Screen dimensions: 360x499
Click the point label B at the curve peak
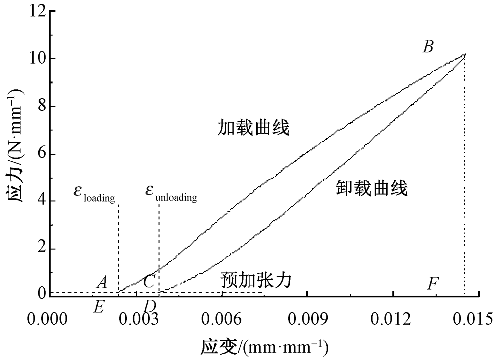(428, 47)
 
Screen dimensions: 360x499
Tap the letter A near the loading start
(102, 283)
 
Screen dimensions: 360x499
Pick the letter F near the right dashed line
(433, 284)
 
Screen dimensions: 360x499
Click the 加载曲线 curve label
(254, 128)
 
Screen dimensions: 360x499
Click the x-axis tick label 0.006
(221, 318)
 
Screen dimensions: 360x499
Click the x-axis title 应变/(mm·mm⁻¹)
(264, 345)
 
